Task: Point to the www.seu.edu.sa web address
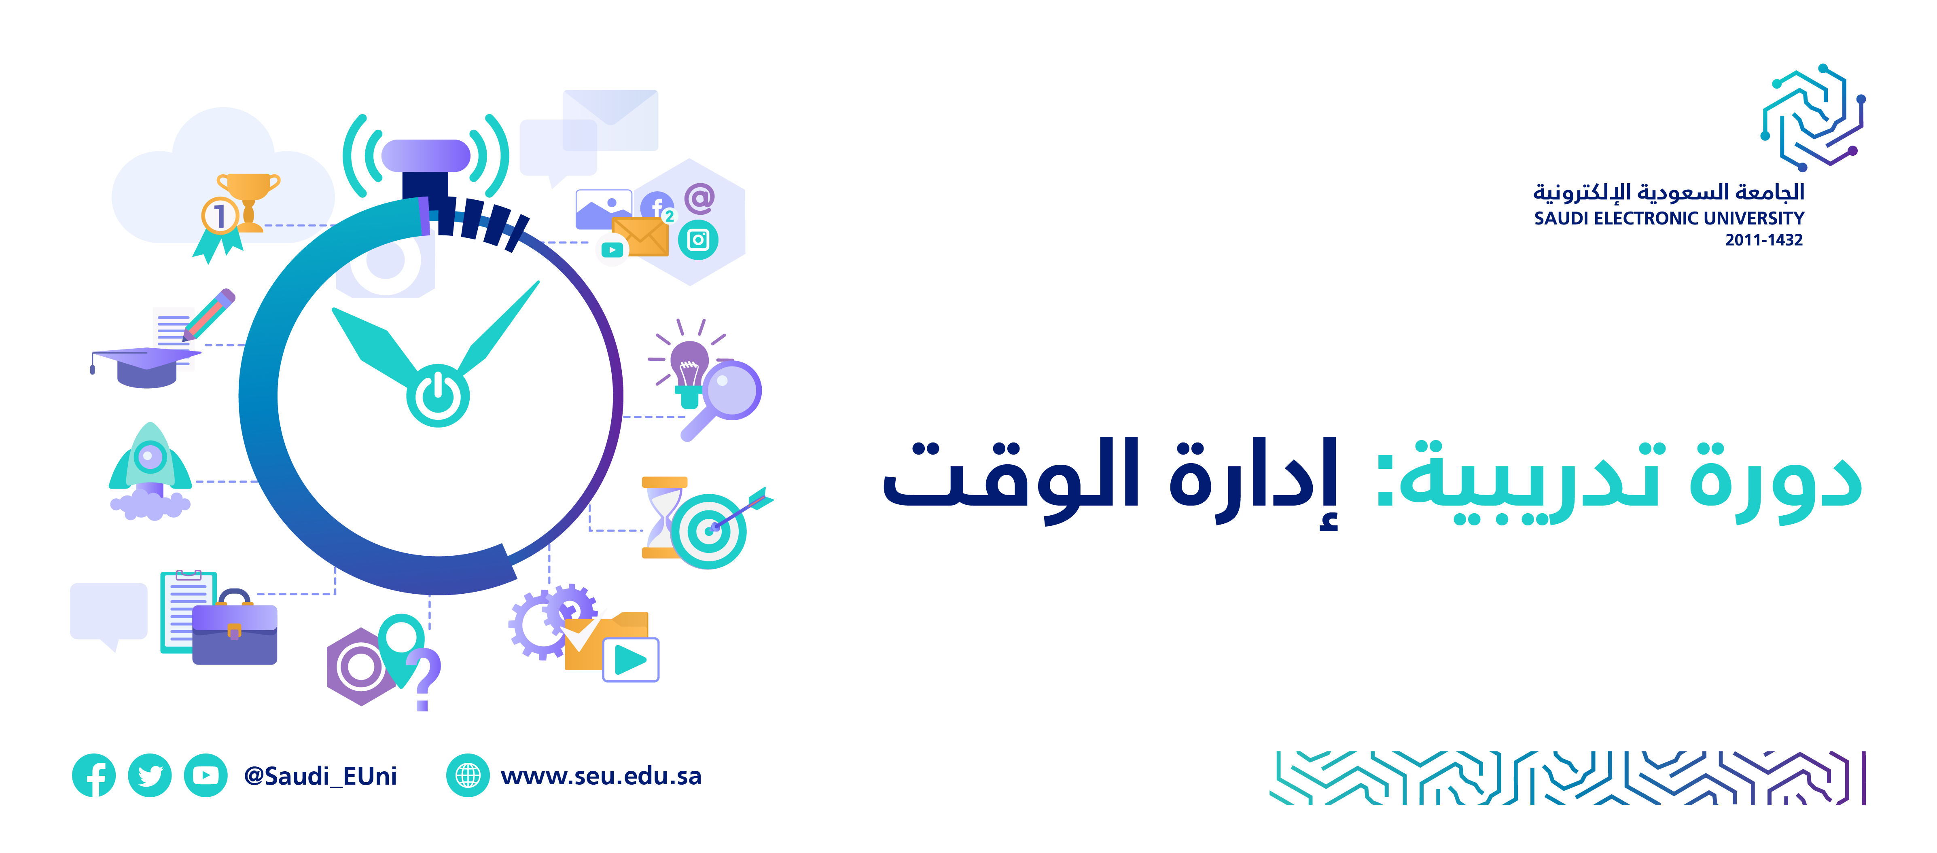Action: pos(601,776)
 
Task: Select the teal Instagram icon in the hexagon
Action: pos(699,240)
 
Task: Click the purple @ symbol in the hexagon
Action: pos(699,198)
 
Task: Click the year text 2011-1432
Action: pos(1764,240)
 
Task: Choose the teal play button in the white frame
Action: pos(631,660)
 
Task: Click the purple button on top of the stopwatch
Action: pos(426,156)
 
